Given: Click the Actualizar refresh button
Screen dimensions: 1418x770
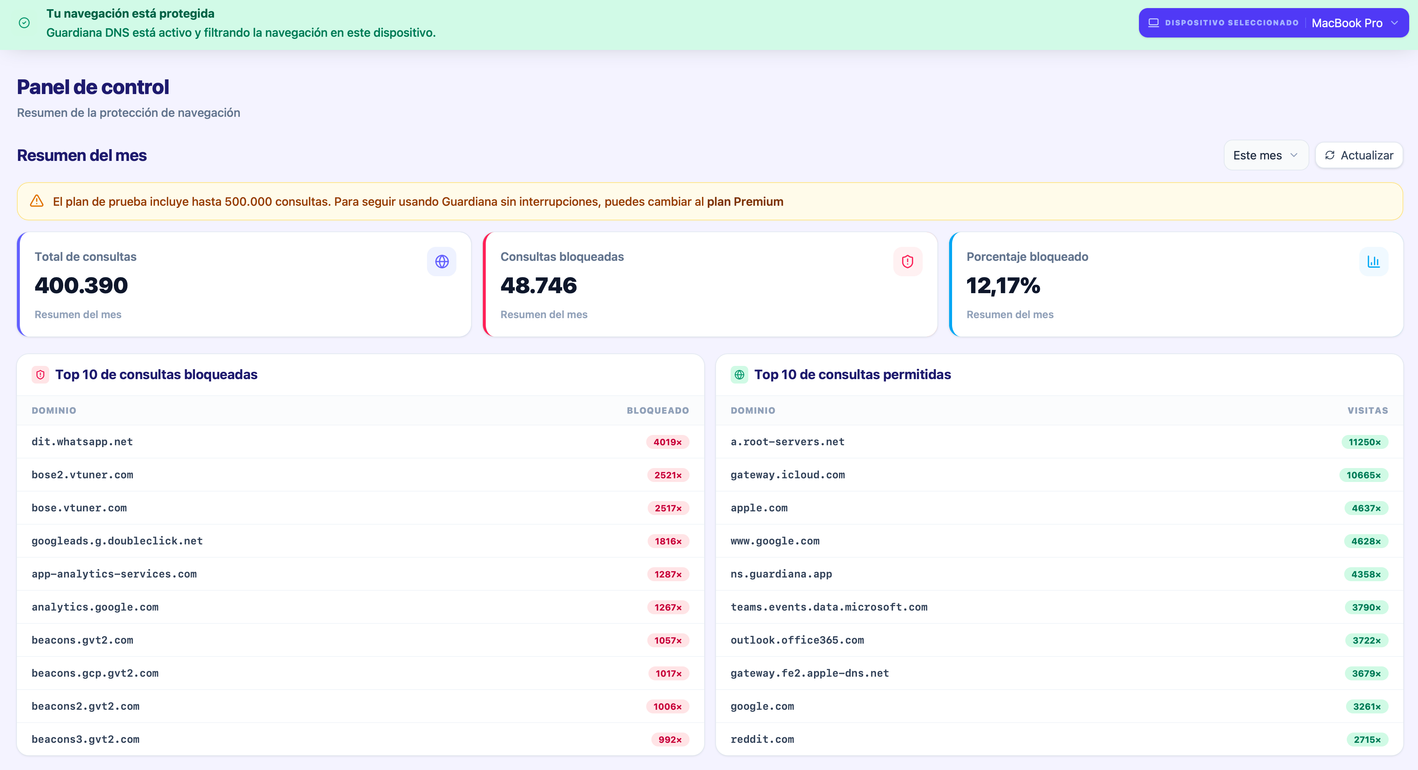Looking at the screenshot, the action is [1359, 155].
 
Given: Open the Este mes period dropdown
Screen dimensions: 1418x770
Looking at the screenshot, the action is [1266, 155].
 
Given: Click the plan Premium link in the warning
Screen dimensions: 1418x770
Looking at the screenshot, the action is [745, 202].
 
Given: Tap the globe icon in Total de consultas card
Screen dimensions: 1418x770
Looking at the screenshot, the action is [441, 262].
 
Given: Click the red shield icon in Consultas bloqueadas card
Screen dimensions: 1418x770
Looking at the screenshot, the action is [907, 262].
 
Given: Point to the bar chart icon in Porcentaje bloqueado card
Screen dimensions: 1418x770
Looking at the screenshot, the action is [1374, 262].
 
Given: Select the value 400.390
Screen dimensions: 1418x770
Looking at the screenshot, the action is [81, 285].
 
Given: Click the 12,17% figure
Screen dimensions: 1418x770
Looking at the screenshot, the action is [1003, 285].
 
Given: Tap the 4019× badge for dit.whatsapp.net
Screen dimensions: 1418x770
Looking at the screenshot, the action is [667, 442].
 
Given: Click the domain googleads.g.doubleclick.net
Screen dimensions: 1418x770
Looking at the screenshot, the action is [117, 541].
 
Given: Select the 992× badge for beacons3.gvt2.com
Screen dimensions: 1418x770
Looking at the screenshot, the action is [670, 739].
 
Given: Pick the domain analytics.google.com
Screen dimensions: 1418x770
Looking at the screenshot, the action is [95, 607].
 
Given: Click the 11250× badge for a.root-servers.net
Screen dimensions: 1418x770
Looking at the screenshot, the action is [1365, 442].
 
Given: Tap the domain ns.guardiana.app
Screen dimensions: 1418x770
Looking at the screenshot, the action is [781, 574].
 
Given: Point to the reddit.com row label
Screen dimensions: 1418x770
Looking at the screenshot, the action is [762, 739].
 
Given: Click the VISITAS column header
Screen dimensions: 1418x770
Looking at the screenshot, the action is [1367, 410].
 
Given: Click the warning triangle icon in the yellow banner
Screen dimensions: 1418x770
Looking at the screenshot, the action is [37, 201].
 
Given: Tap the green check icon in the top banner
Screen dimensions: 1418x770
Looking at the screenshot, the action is [24, 22].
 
